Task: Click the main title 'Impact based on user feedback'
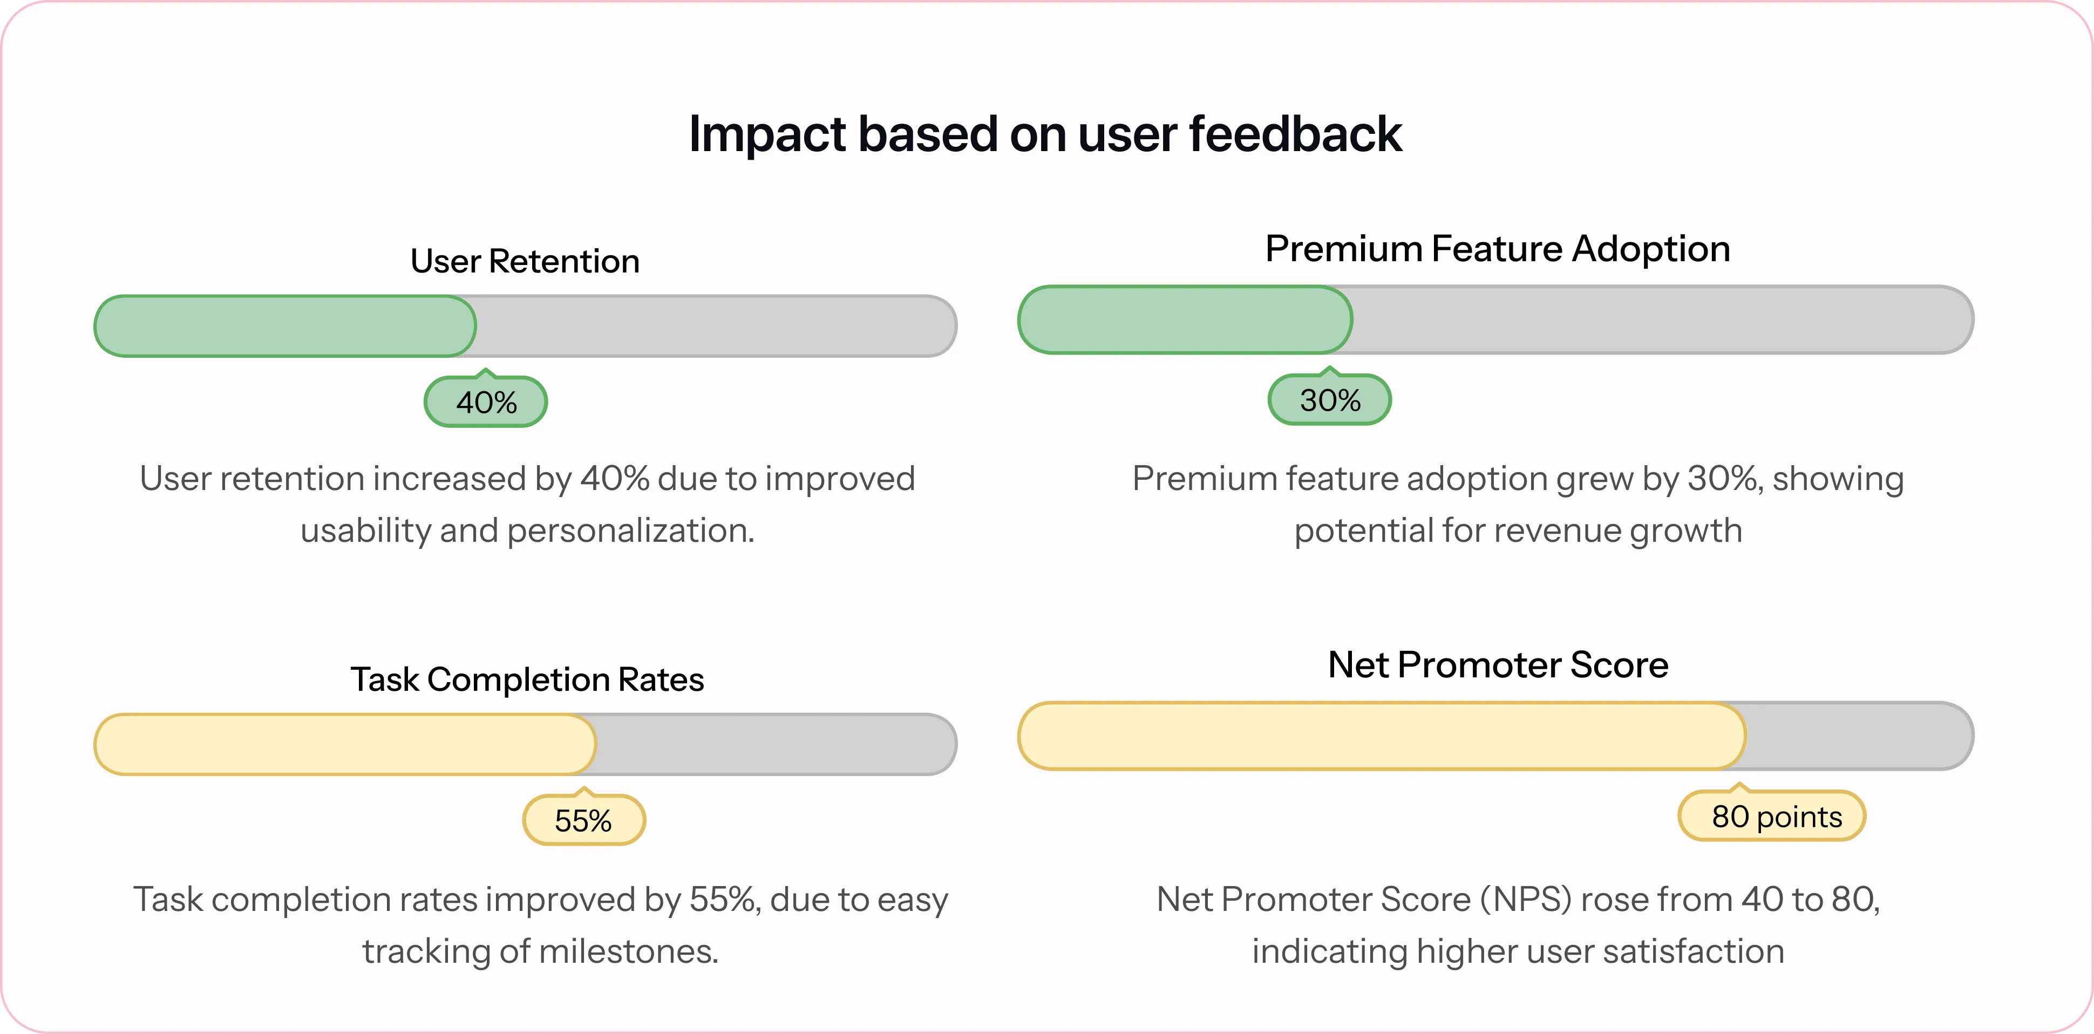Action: pyautogui.click(x=1045, y=134)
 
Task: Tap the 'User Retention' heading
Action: pyautogui.click(x=525, y=262)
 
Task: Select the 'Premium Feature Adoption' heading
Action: pyautogui.click(x=1497, y=249)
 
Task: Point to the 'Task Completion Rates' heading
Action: pyautogui.click(x=527, y=679)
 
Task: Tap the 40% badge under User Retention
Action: pyautogui.click(x=486, y=402)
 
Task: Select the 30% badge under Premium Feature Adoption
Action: pyautogui.click(x=1330, y=399)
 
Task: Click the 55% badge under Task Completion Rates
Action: pyautogui.click(x=583, y=819)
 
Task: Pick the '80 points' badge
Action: pyautogui.click(x=1772, y=815)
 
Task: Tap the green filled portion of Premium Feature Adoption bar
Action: pyautogui.click(x=1185, y=319)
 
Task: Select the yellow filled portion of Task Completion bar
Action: pyautogui.click(x=345, y=744)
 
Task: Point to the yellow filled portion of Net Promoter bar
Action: pyautogui.click(x=1382, y=736)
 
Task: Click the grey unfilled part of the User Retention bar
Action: pyautogui.click(x=715, y=326)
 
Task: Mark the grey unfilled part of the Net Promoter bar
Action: pyautogui.click(x=1860, y=736)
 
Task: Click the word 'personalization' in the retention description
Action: pyautogui.click(x=631, y=532)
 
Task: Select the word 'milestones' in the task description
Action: pyautogui.click(x=628, y=951)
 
